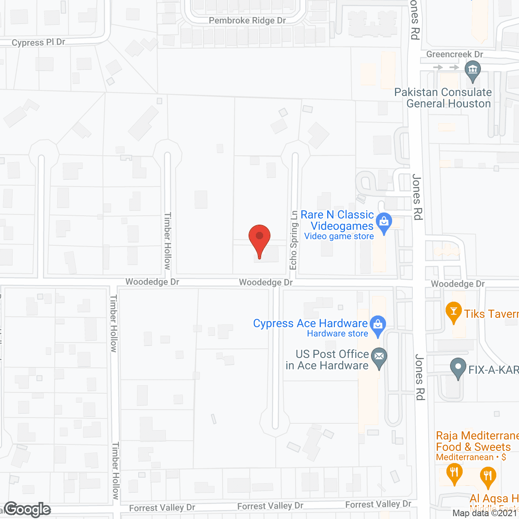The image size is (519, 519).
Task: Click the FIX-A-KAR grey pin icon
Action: [458, 368]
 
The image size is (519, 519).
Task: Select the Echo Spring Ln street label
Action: [294, 240]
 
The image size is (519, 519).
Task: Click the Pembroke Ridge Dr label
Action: [247, 20]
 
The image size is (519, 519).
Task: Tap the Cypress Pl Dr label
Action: [39, 42]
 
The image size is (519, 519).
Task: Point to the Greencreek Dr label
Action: [455, 54]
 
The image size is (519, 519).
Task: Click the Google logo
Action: [28, 509]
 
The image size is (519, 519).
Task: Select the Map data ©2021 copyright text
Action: [485, 513]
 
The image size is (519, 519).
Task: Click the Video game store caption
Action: [339, 236]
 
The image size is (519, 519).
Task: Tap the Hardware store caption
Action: [337, 333]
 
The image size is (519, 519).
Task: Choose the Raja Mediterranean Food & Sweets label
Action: [477, 442]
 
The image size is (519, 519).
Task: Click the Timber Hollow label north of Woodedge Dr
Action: [167, 240]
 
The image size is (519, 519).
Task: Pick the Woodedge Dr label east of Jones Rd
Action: [458, 284]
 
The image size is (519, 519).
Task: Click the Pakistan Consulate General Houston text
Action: [443, 98]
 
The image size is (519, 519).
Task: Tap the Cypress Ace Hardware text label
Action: [310, 323]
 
